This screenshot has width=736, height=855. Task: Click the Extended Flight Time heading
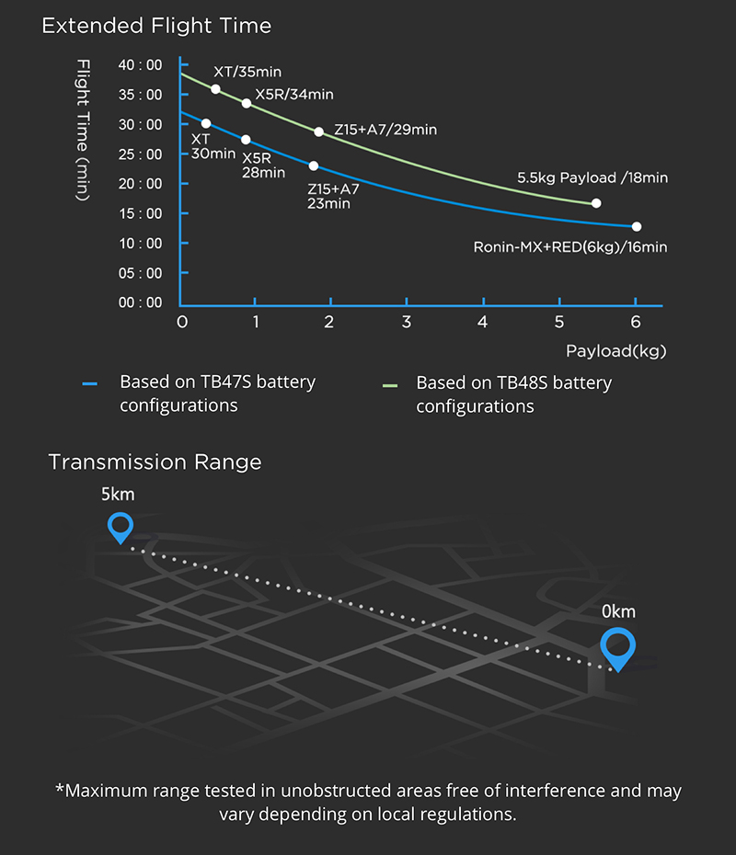(x=156, y=26)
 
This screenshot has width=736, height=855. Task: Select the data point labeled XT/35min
(x=215, y=89)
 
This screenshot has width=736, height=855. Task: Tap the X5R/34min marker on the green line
(x=246, y=103)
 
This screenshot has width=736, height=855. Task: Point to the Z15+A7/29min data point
(x=319, y=131)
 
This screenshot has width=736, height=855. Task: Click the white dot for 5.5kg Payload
(x=596, y=203)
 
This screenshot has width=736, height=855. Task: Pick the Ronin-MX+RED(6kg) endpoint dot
(x=637, y=226)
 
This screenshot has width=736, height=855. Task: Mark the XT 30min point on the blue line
(x=205, y=123)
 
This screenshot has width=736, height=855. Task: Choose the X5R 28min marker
(x=245, y=140)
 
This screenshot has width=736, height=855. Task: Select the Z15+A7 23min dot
(x=314, y=165)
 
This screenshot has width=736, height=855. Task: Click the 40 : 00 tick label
(x=140, y=65)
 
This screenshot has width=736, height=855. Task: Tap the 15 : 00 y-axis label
(x=140, y=213)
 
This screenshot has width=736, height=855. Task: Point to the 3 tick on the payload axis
(x=407, y=322)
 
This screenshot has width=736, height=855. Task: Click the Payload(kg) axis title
(x=615, y=350)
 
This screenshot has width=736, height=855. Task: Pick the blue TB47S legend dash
(x=89, y=384)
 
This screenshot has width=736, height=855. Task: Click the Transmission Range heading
(x=155, y=462)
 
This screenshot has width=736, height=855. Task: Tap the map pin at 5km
(x=121, y=528)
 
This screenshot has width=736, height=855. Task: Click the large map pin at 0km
(x=617, y=648)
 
